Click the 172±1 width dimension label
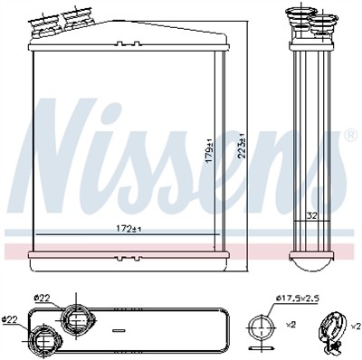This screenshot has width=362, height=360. [129, 230]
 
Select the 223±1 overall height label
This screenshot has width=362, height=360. [242, 146]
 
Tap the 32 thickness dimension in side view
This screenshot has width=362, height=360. [310, 216]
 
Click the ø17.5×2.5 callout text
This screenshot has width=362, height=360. [298, 298]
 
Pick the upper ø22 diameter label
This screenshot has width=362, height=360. [43, 298]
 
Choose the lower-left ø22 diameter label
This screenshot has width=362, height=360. [9, 319]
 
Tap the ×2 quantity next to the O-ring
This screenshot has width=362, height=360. [291, 325]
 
